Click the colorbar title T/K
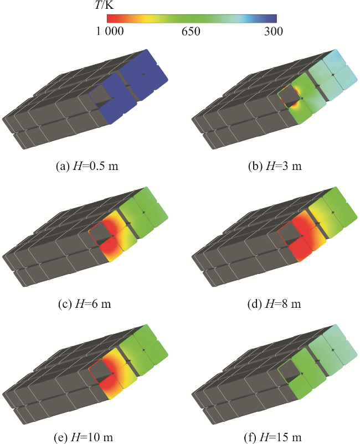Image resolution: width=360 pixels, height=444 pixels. tap(105, 5)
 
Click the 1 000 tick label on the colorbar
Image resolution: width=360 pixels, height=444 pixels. tap(110, 31)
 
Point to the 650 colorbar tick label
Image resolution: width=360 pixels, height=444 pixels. tap(191, 31)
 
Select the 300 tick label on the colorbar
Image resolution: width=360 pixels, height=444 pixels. tap(274, 31)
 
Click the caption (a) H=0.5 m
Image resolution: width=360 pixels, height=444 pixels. tap(88, 166)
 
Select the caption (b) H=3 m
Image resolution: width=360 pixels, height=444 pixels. tap(275, 166)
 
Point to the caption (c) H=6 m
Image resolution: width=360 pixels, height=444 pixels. tap(85, 304)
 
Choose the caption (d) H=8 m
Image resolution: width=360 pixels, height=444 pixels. tap(274, 304)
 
